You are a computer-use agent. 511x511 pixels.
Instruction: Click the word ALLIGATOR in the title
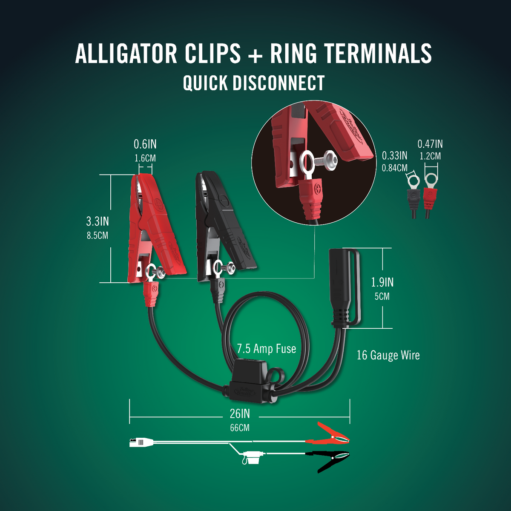click(126, 54)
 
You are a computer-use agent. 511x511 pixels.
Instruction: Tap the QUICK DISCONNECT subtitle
click(254, 83)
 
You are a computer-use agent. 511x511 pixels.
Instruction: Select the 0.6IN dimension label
click(145, 144)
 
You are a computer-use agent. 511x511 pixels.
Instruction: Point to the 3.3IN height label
click(98, 221)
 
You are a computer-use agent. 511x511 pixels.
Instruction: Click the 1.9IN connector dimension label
click(382, 282)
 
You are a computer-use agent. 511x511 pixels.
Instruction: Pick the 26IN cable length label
click(240, 413)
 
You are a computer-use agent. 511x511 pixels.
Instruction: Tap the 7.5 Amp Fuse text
click(267, 349)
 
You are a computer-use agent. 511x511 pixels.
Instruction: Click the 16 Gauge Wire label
click(388, 355)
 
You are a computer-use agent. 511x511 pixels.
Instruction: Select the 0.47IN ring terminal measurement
click(430, 144)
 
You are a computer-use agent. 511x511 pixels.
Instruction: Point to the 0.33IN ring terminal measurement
click(394, 156)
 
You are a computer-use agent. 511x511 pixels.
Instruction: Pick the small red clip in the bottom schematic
click(333, 433)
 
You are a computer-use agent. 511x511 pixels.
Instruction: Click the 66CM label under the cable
click(240, 428)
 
